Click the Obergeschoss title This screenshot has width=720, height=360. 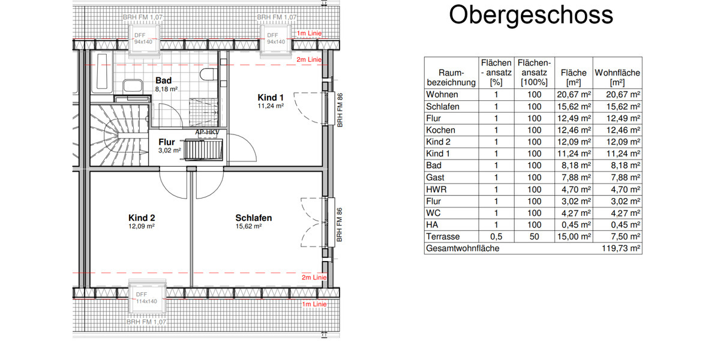click(x=531, y=16)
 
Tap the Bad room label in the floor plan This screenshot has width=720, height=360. click(x=164, y=80)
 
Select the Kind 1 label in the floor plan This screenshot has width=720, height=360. click(x=271, y=98)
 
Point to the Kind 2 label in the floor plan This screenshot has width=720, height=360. click(x=142, y=218)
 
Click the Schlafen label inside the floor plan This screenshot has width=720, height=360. click(x=253, y=218)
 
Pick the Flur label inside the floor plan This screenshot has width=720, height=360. click(x=167, y=142)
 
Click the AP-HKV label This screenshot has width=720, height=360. click(x=207, y=133)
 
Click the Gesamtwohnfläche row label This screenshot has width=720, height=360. click(x=462, y=248)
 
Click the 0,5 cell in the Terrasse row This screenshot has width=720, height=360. click(x=496, y=236)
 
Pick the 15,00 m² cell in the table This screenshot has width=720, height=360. click(x=573, y=236)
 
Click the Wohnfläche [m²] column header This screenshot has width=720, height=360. click(x=617, y=77)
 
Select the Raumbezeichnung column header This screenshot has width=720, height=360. click(x=450, y=77)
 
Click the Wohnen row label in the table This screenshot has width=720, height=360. click(x=442, y=94)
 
